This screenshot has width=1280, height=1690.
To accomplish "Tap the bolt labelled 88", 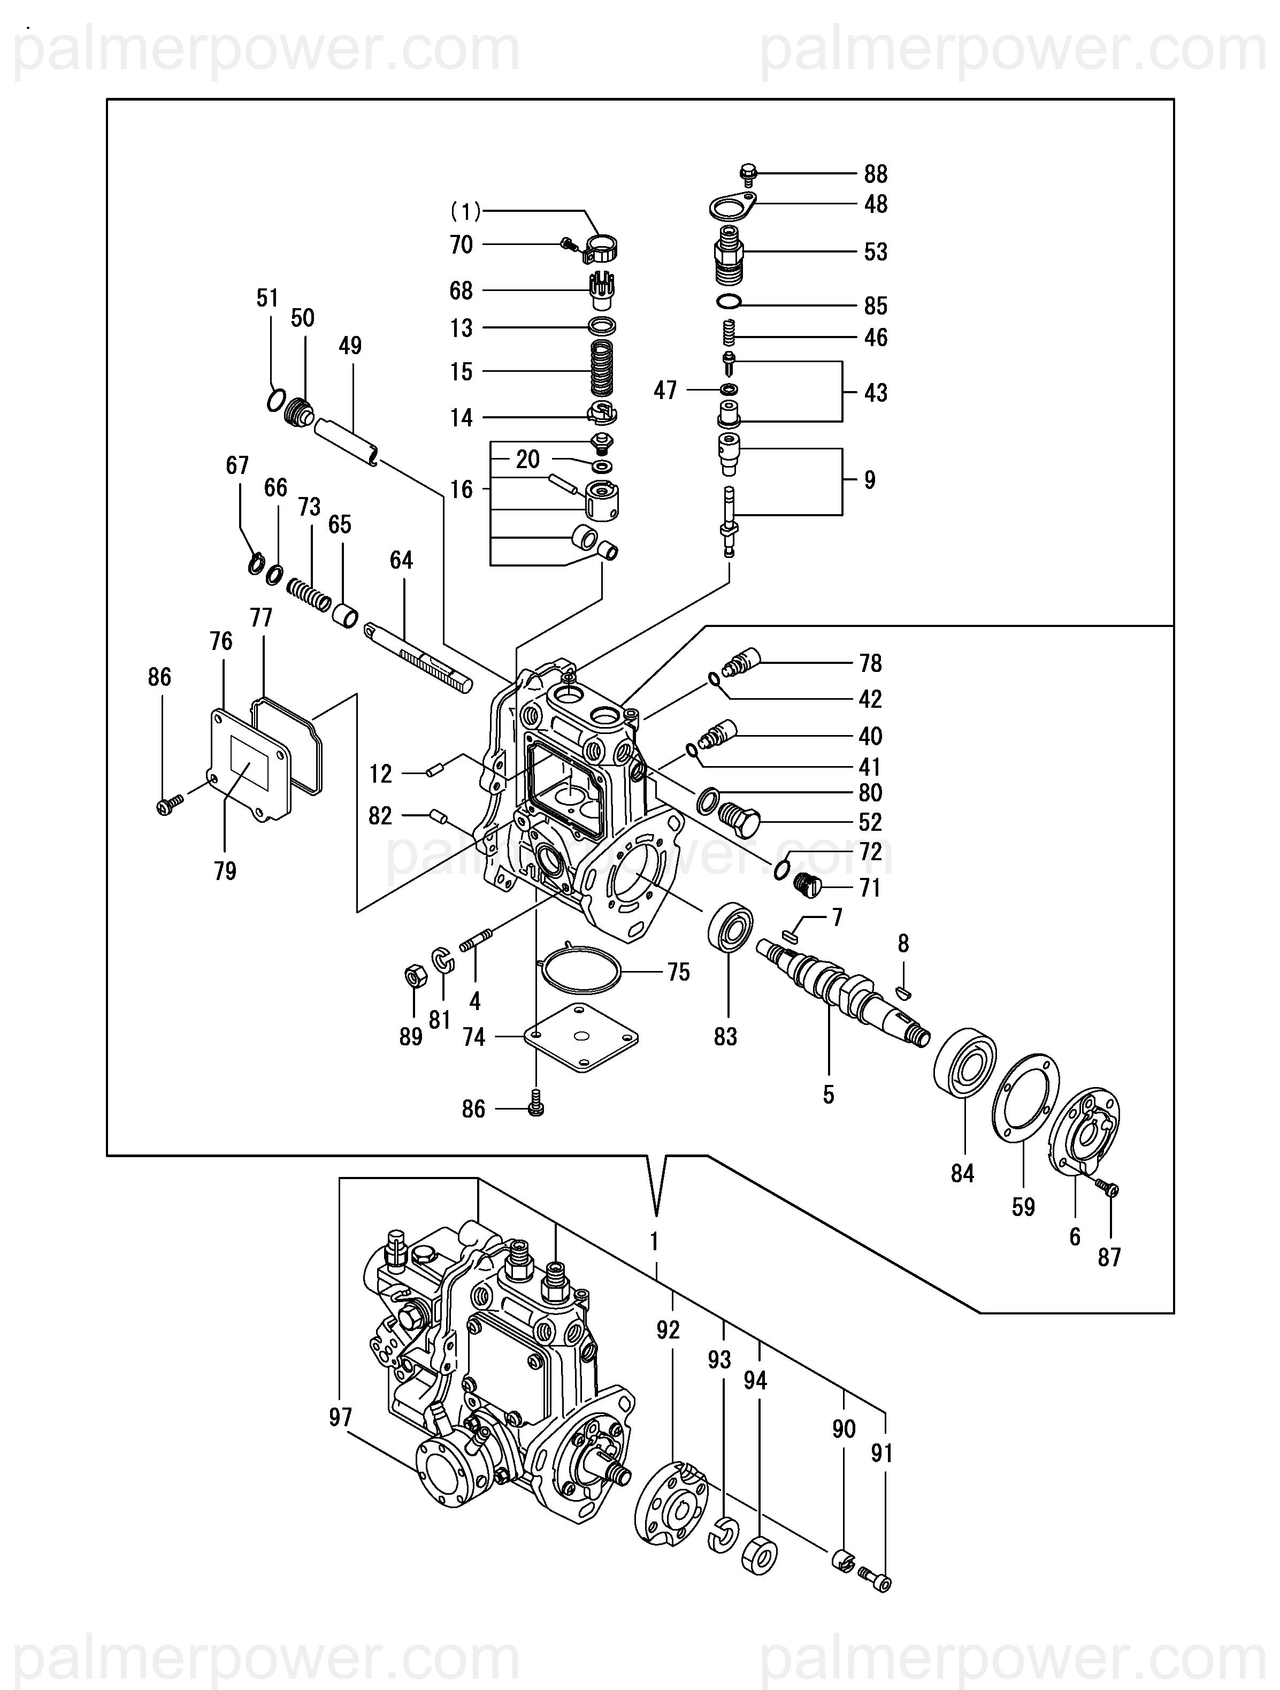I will [x=748, y=174].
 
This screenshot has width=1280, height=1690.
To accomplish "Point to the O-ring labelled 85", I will [x=730, y=302].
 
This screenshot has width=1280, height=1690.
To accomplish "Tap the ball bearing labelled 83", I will [x=730, y=927].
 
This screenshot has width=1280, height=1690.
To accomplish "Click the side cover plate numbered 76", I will [x=249, y=764].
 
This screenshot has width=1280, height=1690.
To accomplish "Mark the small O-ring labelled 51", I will [x=277, y=400].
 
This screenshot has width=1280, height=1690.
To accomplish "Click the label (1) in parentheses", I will [x=466, y=211].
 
